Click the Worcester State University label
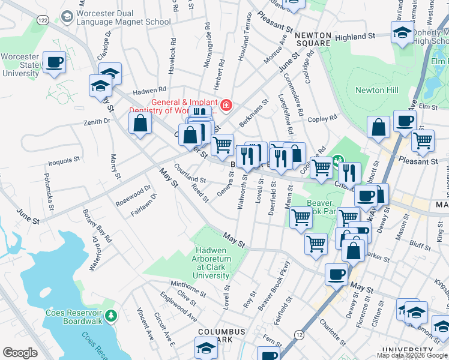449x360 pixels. [20, 65]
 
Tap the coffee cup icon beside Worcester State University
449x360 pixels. [54, 62]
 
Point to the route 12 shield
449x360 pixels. [298, 333]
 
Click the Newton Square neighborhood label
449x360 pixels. [313, 39]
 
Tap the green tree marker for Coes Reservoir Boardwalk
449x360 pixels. [110, 315]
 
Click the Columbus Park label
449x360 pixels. [221, 335]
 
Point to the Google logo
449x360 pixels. [20, 353]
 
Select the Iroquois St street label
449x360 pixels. [64, 161]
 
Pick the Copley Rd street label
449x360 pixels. [322, 119]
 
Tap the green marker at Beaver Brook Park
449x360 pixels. [338, 160]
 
